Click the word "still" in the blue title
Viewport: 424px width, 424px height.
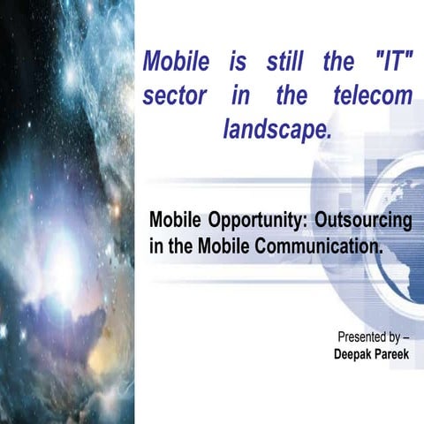[275, 63]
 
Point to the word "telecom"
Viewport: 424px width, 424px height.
[375, 95]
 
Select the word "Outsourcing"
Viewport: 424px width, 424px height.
[362, 218]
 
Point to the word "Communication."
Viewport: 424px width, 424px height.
[319, 245]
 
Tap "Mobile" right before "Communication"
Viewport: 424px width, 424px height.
[216, 245]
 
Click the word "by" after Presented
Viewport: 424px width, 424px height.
[397, 338]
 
